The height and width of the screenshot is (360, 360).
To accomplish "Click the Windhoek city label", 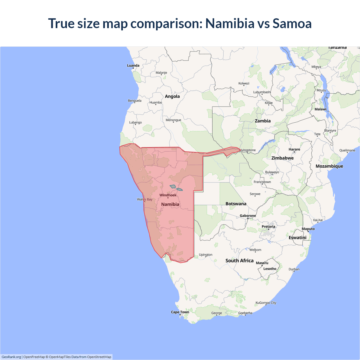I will [x=168, y=195].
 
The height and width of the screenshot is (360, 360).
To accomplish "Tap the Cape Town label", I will [x=180, y=312].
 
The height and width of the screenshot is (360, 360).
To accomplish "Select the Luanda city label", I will [x=133, y=66].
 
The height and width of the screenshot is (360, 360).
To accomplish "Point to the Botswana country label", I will [x=236, y=204].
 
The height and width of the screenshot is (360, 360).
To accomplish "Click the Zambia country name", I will [x=263, y=121].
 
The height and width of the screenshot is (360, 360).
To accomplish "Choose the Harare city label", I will [x=294, y=149].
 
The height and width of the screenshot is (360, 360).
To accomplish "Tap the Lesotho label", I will [x=270, y=269].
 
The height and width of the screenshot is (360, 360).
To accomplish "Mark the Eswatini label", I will [x=298, y=238].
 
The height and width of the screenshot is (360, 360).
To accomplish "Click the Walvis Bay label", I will [x=145, y=199].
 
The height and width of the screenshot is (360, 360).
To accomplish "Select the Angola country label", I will [x=172, y=96].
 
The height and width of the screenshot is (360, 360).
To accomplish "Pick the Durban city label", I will [x=294, y=269].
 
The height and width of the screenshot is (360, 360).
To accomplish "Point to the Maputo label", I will [x=308, y=229].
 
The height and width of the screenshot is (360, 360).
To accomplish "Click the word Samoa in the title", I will [x=292, y=23].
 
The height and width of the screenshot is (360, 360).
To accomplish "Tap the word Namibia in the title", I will [x=230, y=23].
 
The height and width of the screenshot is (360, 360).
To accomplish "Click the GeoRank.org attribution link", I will [x=11, y=357].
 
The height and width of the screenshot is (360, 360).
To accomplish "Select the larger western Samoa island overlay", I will [x=173, y=186].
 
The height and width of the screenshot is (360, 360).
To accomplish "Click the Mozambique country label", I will [x=329, y=166].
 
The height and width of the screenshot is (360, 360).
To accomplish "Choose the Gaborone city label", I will [x=248, y=216].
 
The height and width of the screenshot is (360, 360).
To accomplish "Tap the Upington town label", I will [x=206, y=255].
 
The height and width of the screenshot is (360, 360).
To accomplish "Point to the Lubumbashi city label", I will [x=262, y=92].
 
